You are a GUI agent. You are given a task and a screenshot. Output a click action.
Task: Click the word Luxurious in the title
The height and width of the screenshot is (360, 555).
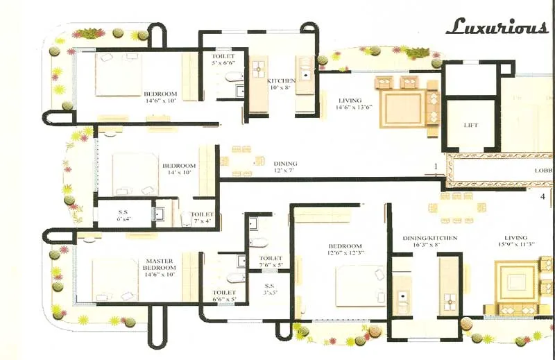496,27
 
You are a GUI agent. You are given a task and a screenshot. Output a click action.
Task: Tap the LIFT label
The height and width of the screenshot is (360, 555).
471,126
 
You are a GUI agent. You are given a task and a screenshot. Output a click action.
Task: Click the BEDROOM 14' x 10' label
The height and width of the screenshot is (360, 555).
179,170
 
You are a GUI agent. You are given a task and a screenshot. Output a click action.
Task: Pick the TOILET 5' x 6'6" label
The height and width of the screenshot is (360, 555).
223,59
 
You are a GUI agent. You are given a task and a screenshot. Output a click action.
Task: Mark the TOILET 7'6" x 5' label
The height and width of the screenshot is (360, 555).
271,262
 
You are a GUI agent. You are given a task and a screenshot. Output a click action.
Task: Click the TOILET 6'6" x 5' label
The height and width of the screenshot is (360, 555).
224,296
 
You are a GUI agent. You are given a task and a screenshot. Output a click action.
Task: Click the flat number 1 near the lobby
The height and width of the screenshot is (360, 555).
436,166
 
